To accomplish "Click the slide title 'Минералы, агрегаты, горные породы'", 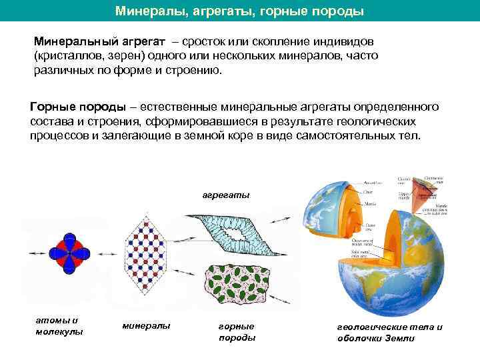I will pos(239,11).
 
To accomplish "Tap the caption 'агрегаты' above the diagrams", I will pos(226,195).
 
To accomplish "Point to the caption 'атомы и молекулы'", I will pos(59,326).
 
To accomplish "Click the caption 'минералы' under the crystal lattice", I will pos(147,325).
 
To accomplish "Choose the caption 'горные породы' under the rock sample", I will pos(237,331).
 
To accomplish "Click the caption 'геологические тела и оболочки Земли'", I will pos(389,332).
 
